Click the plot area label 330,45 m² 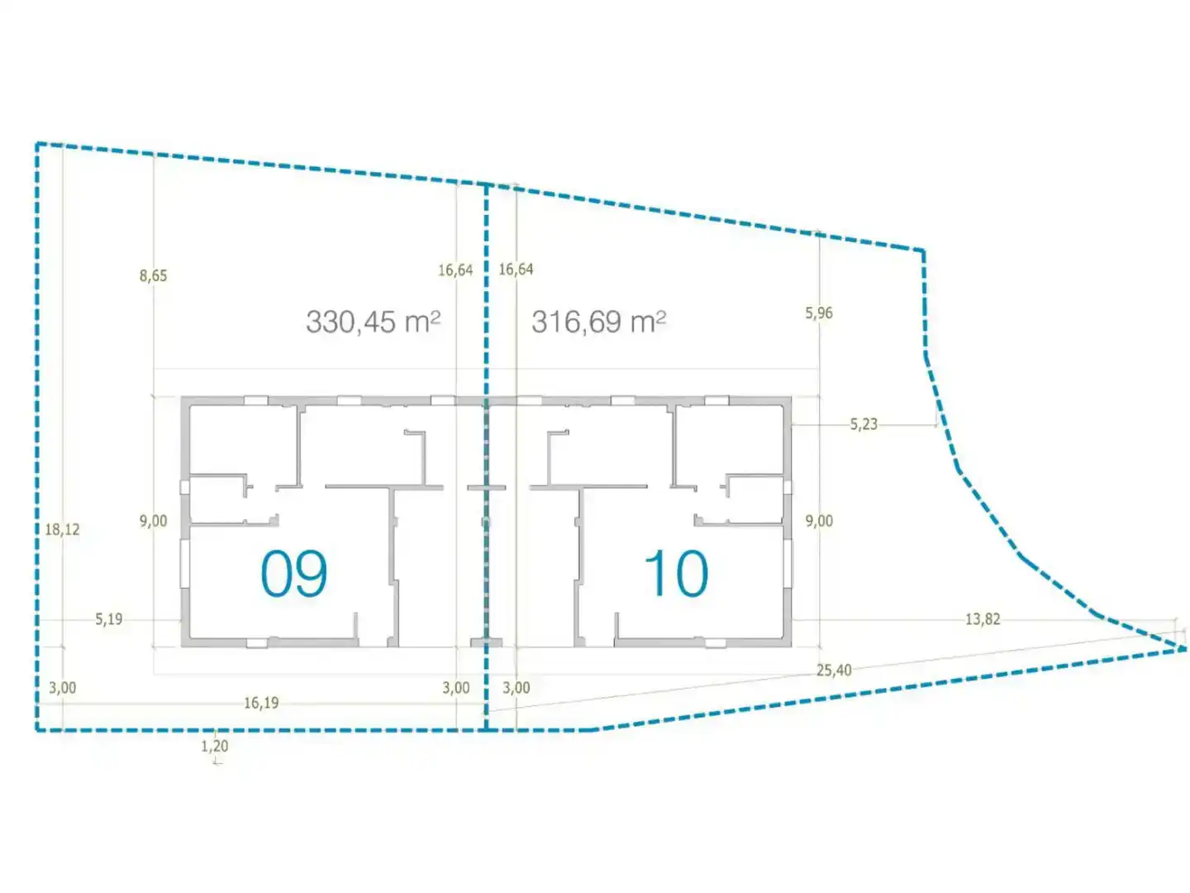click(x=373, y=322)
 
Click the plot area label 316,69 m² click(x=598, y=322)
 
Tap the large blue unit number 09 click(x=294, y=573)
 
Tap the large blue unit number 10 click(x=677, y=573)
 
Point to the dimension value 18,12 click(x=62, y=529)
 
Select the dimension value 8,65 click(x=154, y=275)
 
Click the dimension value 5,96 click(x=819, y=313)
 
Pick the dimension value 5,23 click(x=864, y=424)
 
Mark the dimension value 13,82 click(x=983, y=618)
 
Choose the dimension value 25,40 click(x=835, y=670)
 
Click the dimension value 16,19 click(x=261, y=703)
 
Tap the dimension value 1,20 click(x=215, y=746)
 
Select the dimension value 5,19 click(x=109, y=618)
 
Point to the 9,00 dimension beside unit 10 click(x=819, y=521)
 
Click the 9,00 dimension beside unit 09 click(x=154, y=521)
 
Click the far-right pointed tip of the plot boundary click(x=1186, y=648)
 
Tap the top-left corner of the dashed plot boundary click(x=37, y=144)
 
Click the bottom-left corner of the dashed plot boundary click(x=37, y=730)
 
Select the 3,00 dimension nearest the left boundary click(x=62, y=687)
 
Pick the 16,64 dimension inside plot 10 click(x=516, y=269)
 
